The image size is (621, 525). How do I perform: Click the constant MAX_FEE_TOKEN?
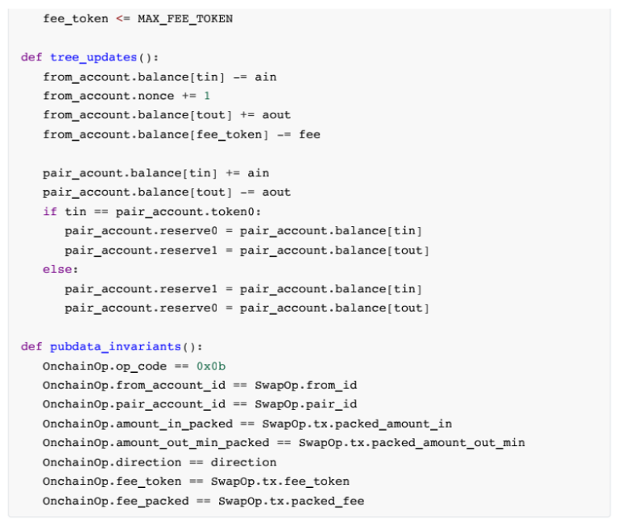[185, 19]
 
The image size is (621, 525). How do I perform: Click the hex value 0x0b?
[211, 366]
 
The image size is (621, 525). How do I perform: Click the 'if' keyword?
[50, 212]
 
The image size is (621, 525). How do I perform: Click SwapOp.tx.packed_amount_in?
[357, 424]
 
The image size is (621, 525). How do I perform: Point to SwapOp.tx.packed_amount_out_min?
[412, 444]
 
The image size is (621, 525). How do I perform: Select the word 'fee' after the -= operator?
[309, 134]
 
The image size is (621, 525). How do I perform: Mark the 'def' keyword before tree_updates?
[31, 57]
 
